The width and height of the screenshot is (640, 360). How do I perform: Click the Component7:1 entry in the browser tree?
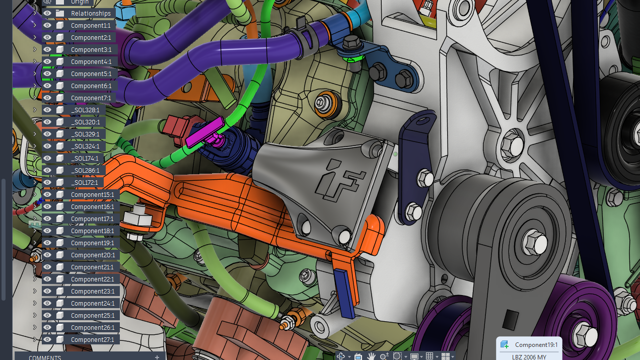point(91,98)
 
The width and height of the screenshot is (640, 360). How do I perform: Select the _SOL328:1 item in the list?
point(85,110)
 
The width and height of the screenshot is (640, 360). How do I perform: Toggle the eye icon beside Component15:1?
point(47,194)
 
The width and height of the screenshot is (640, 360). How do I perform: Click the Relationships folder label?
point(91,14)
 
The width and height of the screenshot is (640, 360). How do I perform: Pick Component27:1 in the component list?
point(92,340)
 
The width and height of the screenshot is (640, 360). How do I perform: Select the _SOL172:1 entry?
point(84,183)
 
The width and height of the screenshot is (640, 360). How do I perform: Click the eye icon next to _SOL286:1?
point(47,170)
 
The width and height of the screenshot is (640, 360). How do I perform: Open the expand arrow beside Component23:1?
point(35,291)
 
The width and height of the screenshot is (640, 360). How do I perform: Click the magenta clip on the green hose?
point(204,132)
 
